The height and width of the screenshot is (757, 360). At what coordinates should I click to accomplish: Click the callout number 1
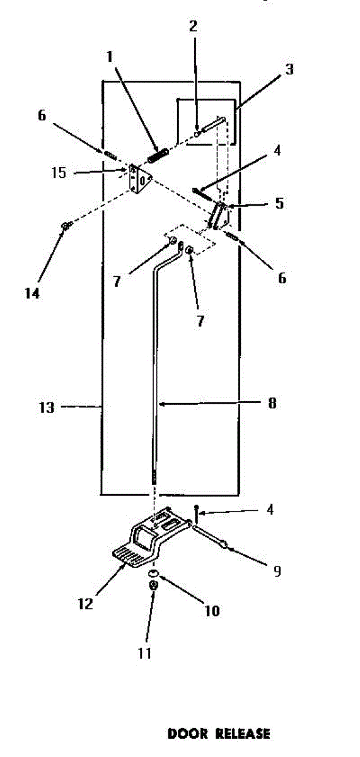(x=109, y=57)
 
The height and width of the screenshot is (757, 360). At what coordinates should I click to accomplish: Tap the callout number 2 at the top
(x=193, y=26)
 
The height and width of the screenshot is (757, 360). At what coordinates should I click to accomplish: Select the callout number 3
(x=289, y=69)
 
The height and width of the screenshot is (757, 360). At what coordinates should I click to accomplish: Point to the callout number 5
(x=279, y=203)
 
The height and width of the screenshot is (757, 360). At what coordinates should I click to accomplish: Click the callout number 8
(x=272, y=403)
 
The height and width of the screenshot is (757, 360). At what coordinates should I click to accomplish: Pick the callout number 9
(x=277, y=571)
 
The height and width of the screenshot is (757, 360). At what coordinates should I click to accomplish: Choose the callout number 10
(x=212, y=611)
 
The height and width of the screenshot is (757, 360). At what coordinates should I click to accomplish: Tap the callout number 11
(x=144, y=653)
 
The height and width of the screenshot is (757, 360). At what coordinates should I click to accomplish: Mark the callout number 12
(x=86, y=604)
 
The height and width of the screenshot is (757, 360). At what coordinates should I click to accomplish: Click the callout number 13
(x=47, y=408)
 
